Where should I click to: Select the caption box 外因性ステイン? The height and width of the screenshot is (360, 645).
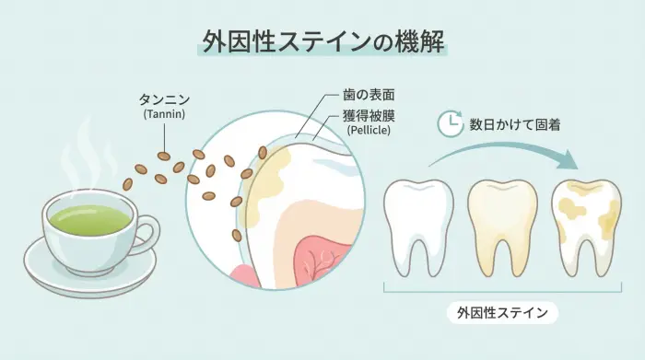pos(501,313)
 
